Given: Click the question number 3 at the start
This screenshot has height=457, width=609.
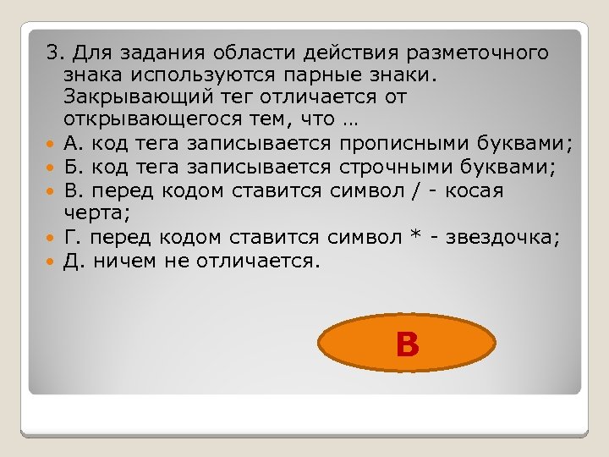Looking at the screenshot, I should coord(52,53).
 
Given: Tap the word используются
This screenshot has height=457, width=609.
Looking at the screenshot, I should coord(204,74).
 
